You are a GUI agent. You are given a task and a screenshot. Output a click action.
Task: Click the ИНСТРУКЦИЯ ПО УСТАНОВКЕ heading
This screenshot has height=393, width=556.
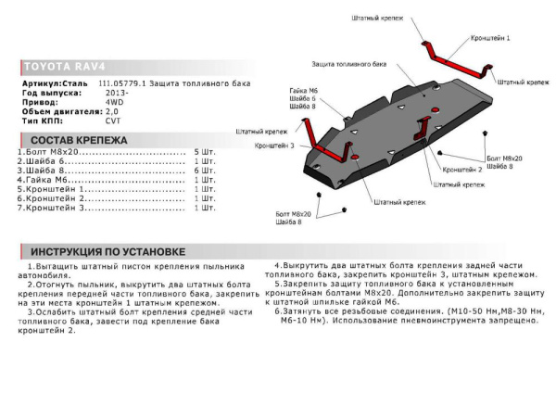click(107, 252)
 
